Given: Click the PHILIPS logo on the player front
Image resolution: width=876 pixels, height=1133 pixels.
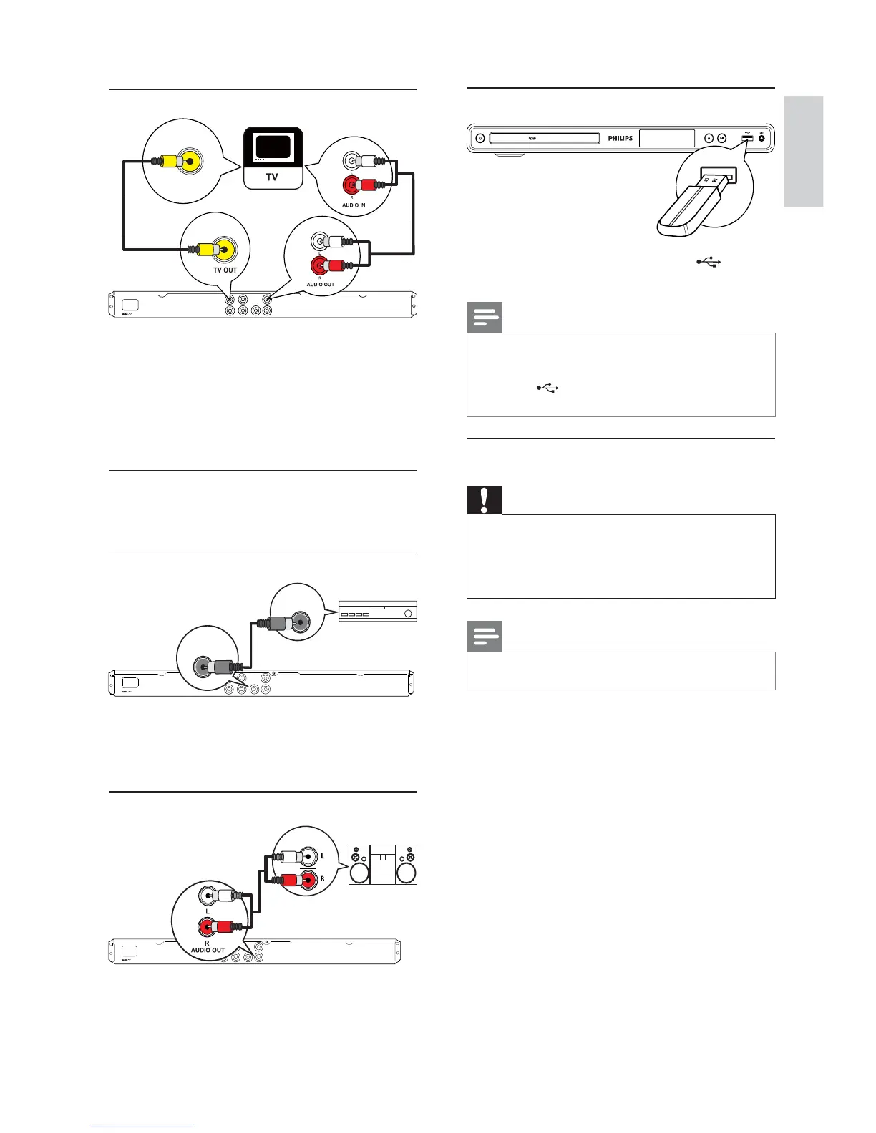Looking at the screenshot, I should click(x=620, y=139).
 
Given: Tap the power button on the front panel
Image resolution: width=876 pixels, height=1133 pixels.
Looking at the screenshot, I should click(x=480, y=139).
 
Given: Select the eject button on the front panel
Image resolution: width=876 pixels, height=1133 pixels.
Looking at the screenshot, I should click(x=709, y=139).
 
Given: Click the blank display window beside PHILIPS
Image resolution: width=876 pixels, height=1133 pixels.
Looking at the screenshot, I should click(x=666, y=138).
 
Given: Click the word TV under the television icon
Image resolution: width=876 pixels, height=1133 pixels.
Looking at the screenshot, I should click(x=272, y=177).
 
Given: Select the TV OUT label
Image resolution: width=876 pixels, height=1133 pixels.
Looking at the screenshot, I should click(x=225, y=270).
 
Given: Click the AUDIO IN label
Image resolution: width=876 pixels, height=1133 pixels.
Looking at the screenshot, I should click(x=354, y=205).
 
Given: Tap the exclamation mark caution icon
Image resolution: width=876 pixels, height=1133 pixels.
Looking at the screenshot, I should click(x=485, y=500).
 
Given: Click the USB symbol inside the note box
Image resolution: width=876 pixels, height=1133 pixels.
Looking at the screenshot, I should click(x=547, y=388).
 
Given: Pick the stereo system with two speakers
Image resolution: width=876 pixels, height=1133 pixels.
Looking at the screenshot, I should click(x=382, y=864).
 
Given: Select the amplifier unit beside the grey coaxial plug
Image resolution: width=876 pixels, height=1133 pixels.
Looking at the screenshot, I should click(x=377, y=612).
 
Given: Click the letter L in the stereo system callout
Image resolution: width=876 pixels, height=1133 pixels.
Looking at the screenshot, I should click(x=323, y=856).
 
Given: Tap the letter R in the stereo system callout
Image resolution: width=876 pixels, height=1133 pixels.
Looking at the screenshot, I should click(x=323, y=879).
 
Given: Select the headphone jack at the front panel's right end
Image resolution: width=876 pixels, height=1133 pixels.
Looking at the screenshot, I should click(x=761, y=139).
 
